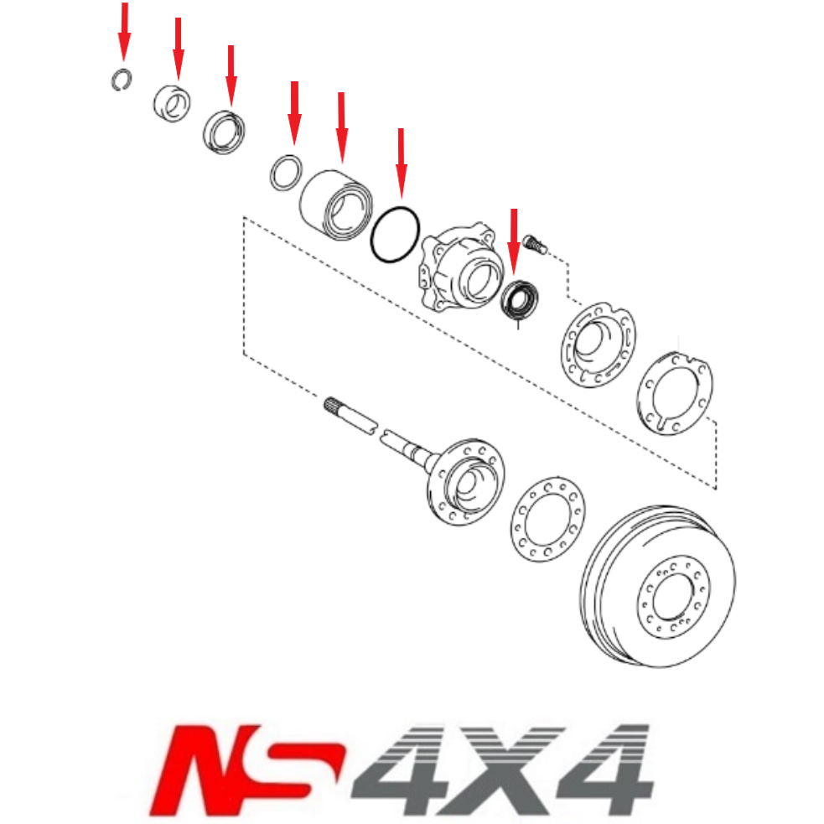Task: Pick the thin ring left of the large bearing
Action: tap(285, 173)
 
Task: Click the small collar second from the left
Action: tap(172, 102)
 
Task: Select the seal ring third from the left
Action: tap(225, 131)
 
